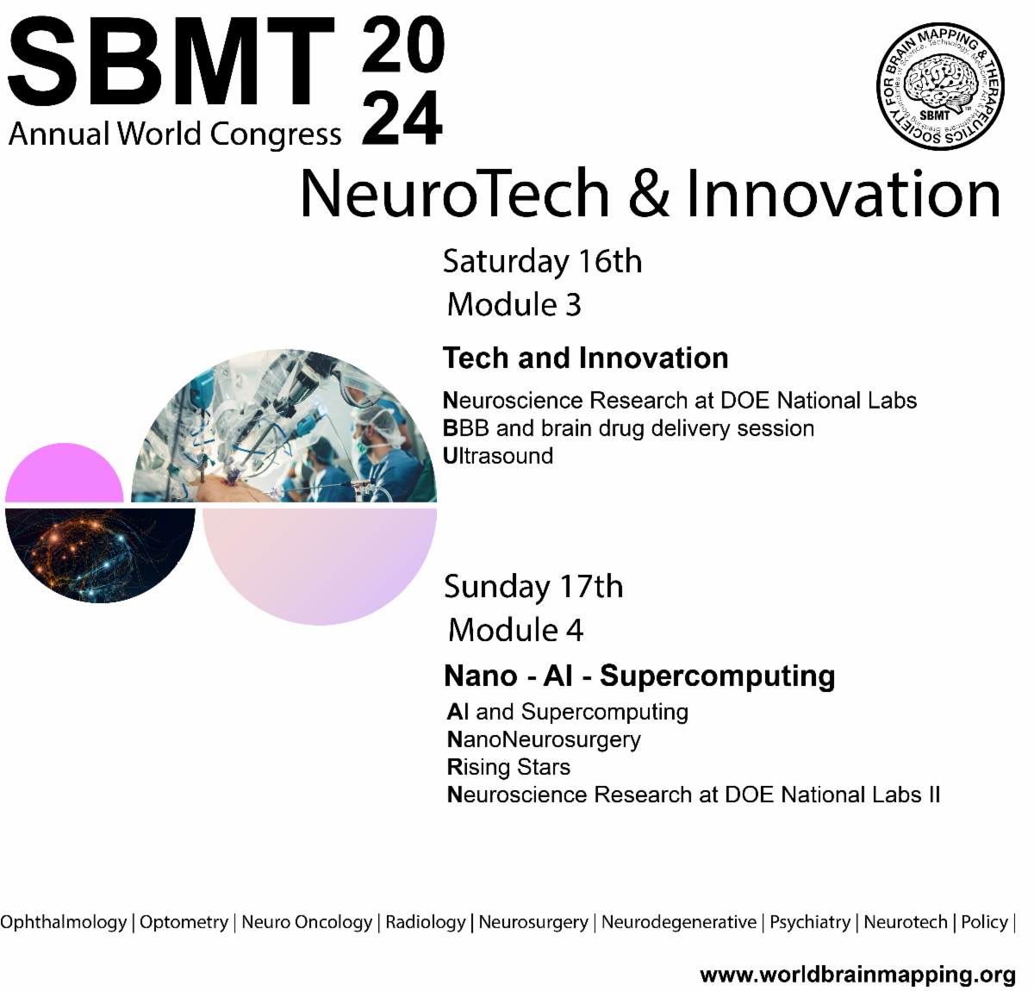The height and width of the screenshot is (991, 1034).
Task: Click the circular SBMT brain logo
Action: click(940, 86)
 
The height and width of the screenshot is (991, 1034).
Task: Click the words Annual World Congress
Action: click(175, 134)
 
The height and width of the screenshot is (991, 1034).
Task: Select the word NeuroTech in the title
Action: click(455, 194)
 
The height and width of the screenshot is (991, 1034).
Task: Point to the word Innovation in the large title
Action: click(843, 194)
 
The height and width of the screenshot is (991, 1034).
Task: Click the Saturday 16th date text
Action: click(542, 261)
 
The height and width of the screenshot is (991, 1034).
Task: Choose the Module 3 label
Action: click(514, 304)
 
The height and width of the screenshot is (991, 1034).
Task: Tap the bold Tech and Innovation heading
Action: click(585, 358)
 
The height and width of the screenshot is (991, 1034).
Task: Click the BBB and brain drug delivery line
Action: click(628, 428)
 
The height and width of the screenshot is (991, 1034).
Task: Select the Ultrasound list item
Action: click(498, 456)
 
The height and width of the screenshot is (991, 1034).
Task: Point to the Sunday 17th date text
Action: click(533, 587)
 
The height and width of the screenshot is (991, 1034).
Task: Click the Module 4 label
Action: click(515, 630)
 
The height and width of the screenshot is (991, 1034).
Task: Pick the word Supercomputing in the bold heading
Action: click(717, 676)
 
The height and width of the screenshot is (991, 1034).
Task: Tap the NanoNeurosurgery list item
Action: click(544, 739)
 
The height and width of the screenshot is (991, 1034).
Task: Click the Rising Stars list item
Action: click(508, 767)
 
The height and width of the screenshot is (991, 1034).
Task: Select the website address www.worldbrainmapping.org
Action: click(857, 975)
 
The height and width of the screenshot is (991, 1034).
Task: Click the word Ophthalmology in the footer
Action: click(64, 922)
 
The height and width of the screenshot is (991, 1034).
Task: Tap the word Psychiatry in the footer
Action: click(810, 922)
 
